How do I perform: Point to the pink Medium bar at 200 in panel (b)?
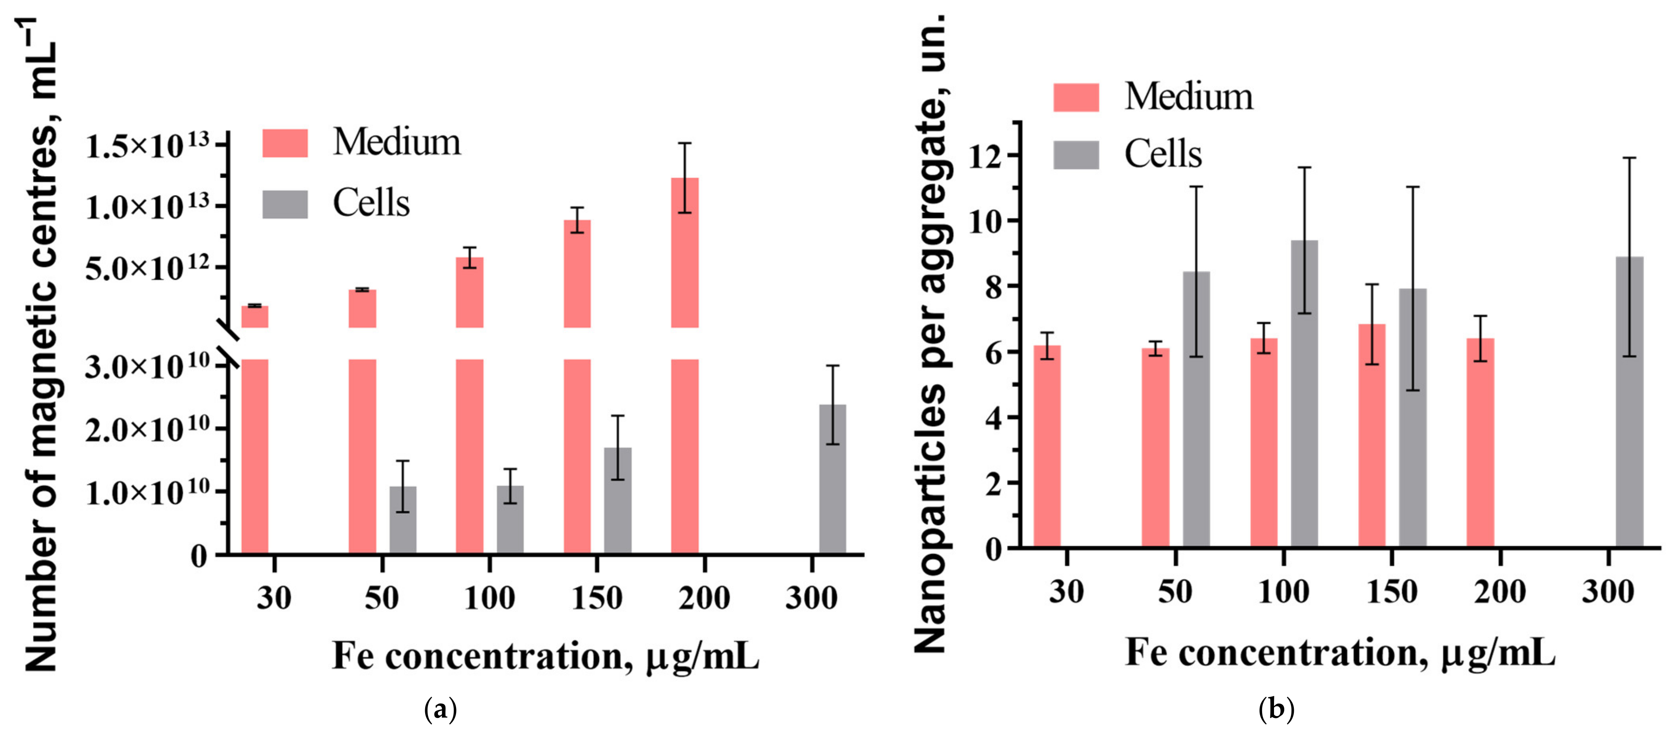[x=1480, y=442]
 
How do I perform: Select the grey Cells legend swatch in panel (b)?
[x=1076, y=155]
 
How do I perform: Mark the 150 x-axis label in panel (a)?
[x=596, y=597]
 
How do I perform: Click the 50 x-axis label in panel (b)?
[x=1175, y=592]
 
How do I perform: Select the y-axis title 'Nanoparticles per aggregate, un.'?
[x=931, y=332]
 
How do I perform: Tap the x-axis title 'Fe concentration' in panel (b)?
[x=1340, y=652]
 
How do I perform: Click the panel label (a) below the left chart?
[x=440, y=709]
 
